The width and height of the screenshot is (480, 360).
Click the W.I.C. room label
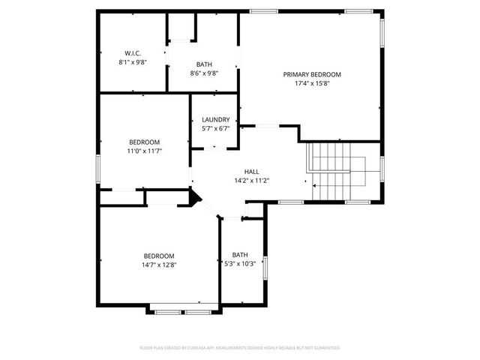pyautogui.click(x=133, y=53)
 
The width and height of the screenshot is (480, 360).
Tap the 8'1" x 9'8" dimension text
pyautogui.click(x=133, y=62)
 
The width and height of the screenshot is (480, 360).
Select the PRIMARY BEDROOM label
pyautogui.click(x=312, y=74)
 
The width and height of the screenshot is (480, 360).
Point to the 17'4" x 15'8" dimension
pyautogui.click(x=312, y=83)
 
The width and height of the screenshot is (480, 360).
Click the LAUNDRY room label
pyautogui.click(x=215, y=120)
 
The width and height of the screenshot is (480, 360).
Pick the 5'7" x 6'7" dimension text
pyautogui.click(x=215, y=129)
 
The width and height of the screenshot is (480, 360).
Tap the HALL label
pyautogui.click(x=252, y=171)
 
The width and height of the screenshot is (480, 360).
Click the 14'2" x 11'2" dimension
pyautogui.click(x=252, y=180)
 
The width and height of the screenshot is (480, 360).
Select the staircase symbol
pyautogui.click(x=334, y=172)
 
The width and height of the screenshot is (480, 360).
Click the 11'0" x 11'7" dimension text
pyautogui.click(x=144, y=151)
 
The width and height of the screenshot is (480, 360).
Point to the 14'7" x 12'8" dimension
pyautogui.click(x=159, y=264)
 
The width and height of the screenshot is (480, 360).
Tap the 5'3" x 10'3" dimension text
pyautogui.click(x=240, y=263)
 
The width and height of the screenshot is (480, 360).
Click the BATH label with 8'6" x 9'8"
pyautogui.click(x=204, y=64)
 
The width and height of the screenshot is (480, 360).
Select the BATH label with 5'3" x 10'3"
pyautogui.click(x=240, y=254)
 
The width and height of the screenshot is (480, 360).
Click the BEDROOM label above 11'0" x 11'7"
pyautogui.click(x=144, y=142)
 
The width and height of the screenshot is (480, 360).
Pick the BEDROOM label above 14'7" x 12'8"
pyautogui.click(x=159, y=255)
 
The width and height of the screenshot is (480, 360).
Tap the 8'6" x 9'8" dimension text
pyautogui.click(x=204, y=73)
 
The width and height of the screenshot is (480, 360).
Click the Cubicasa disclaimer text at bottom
pyautogui.click(x=240, y=348)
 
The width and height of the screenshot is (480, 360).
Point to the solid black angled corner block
pyautogui.click(x=195, y=197)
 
